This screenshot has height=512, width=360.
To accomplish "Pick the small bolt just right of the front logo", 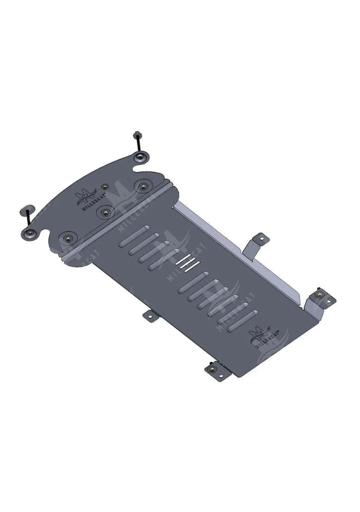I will click(105, 187).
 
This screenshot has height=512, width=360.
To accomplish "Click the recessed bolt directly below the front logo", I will click(106, 212).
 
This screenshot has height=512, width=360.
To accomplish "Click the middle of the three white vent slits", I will click(186, 264).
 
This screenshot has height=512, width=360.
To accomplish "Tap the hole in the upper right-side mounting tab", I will click(259, 239).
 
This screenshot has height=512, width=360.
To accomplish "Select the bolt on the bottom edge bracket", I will click(212, 369).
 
